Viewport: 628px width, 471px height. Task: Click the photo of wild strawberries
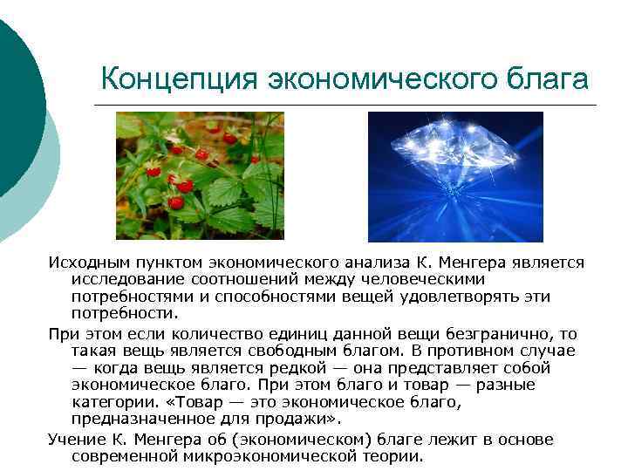200,176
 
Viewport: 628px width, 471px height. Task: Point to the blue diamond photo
455,176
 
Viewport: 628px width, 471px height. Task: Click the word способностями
254,297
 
